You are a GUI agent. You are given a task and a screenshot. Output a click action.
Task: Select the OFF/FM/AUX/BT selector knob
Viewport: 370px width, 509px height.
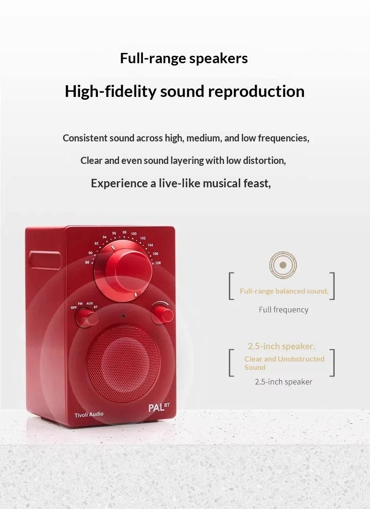point(86,317)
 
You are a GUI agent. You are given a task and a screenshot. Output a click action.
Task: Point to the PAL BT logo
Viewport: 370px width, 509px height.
point(159,407)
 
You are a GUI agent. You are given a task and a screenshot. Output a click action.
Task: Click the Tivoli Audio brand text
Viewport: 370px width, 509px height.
point(89,414)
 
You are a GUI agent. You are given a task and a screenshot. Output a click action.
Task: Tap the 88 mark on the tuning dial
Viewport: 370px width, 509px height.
point(87,262)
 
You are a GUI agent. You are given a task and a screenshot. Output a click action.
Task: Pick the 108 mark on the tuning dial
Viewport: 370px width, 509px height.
point(158,263)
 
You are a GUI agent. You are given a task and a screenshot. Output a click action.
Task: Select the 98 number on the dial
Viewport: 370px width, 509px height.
point(124,232)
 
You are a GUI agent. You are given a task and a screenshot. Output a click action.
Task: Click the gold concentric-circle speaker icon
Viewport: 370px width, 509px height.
point(283,265)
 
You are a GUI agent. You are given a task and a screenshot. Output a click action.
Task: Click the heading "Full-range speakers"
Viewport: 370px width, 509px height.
point(184,59)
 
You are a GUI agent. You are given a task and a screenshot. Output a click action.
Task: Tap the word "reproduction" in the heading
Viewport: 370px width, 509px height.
point(256,91)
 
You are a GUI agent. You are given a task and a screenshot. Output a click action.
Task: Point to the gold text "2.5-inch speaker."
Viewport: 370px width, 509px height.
point(281,347)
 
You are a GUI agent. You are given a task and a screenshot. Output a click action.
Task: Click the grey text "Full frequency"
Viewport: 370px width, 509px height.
point(283,310)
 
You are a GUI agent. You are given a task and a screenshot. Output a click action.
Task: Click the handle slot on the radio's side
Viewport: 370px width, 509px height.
point(45,260)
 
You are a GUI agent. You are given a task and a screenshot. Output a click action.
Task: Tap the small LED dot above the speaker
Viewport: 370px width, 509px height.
point(123,316)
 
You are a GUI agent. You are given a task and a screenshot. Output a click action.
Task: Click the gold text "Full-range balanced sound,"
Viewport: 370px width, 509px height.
point(284,291)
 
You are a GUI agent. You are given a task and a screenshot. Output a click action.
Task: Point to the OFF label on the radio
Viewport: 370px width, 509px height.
point(74,307)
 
